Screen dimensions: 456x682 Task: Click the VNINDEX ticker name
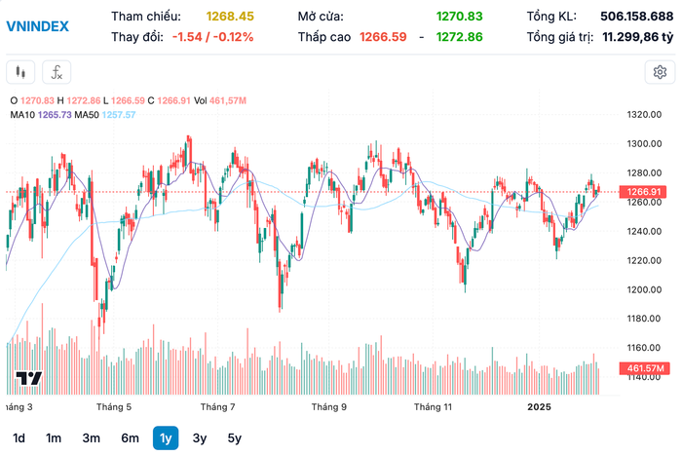click(37, 26)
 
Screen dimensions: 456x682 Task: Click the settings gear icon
click(660, 72)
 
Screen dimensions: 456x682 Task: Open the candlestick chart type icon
click(21, 72)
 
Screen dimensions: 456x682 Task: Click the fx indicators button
click(57, 72)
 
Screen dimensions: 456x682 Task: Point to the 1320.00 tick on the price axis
click(644, 115)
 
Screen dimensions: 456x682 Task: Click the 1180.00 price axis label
click(644, 319)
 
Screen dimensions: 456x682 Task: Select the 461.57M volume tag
click(644, 368)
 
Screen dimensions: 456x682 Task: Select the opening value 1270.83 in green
click(460, 17)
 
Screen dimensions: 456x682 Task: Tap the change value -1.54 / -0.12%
click(212, 37)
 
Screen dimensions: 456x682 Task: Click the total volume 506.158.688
click(628, 17)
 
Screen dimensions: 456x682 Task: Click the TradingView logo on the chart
click(28, 379)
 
